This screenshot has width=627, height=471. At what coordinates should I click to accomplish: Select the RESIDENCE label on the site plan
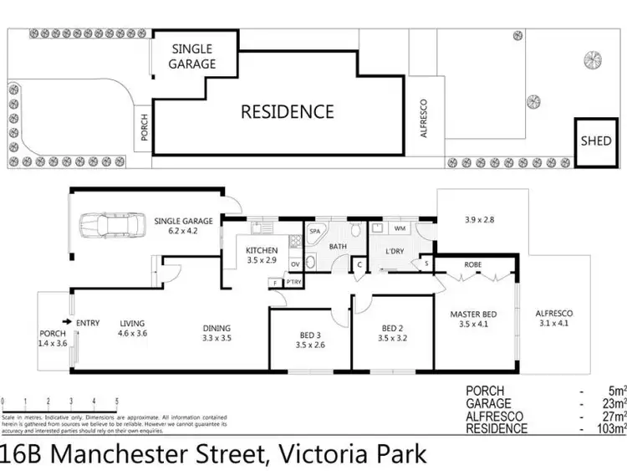pos(288,111)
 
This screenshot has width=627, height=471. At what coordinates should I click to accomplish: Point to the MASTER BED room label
pos(472,319)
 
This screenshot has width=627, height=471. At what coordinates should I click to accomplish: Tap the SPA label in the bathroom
pos(315,231)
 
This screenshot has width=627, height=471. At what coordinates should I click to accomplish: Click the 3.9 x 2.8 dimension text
pos(480,220)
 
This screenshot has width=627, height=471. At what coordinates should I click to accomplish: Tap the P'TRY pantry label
pos(293,283)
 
